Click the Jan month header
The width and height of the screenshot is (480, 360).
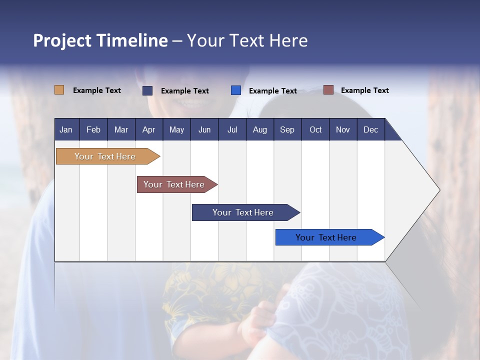pos(66,129)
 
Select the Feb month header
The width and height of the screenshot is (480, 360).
pos(93,129)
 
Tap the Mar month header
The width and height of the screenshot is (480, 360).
pos(121,129)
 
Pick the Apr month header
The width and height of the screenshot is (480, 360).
pos(148,129)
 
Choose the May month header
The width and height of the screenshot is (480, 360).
pos(176,129)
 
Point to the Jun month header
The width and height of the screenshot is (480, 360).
pos(204,129)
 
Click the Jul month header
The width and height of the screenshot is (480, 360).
pos(232,129)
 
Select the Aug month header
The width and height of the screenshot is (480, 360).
pos(259,129)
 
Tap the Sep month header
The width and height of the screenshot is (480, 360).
pos(287,129)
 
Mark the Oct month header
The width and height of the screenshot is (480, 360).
pos(315,129)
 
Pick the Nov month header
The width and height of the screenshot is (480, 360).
pos(343,129)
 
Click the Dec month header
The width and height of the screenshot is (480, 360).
pos(370,129)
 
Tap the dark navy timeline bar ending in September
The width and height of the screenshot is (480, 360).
pos(243,212)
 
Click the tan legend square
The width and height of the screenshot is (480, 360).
pos(59,90)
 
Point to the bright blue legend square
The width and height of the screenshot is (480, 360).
pos(236,90)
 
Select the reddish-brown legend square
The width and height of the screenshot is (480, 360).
pos(328,90)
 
